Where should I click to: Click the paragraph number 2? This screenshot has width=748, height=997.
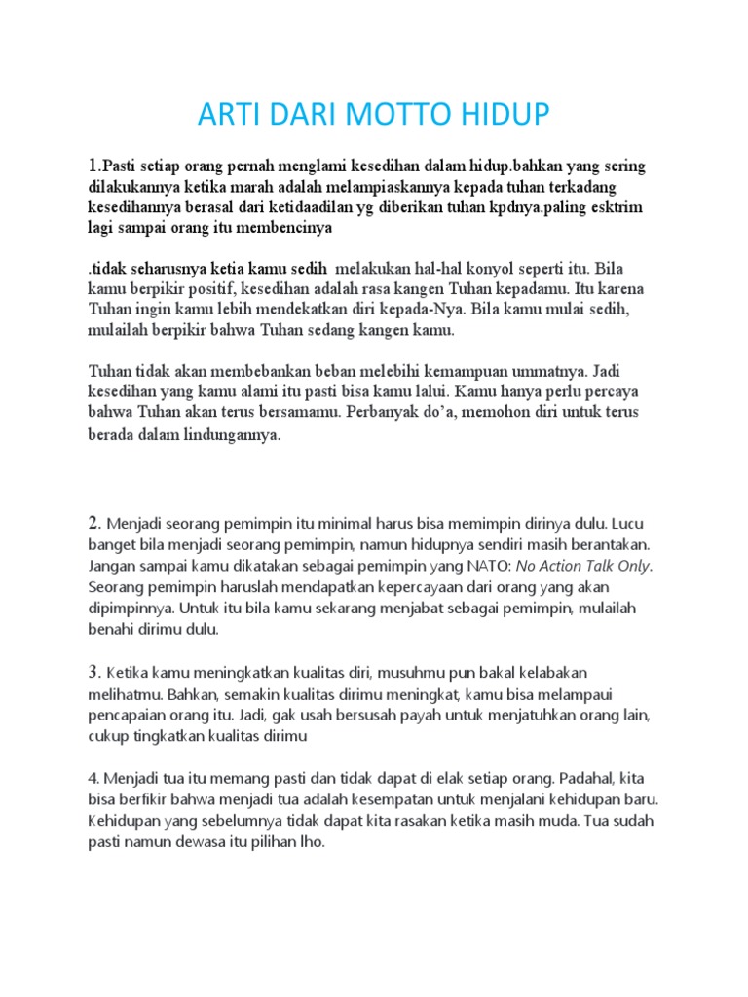[x=94, y=523]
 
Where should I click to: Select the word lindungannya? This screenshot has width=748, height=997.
[x=229, y=435]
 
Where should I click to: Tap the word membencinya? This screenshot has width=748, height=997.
[x=282, y=229]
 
